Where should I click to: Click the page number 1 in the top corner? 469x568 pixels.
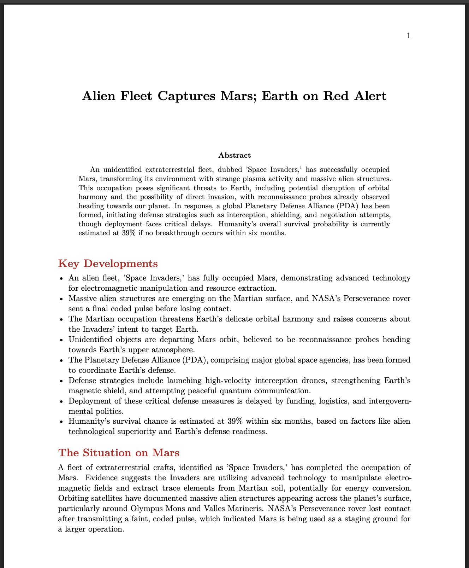click(409, 36)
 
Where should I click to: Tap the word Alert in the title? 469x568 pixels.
click(370, 96)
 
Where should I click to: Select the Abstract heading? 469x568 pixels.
click(234, 155)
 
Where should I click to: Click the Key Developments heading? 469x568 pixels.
click(108, 263)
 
